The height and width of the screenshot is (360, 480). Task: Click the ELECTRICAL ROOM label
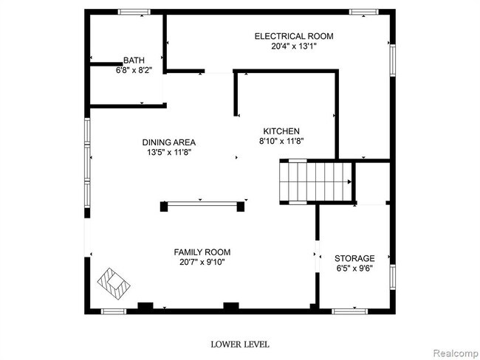(294, 36)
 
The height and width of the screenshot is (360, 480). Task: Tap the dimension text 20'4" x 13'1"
(294, 46)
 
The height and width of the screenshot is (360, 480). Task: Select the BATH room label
(134, 60)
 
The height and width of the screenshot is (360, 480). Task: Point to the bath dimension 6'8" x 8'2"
(134, 72)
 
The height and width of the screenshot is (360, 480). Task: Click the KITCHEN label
(278, 130)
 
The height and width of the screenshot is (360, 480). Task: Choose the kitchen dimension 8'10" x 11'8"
(281, 141)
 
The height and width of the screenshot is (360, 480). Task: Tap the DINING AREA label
(169, 142)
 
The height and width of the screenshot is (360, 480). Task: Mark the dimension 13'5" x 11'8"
(169, 153)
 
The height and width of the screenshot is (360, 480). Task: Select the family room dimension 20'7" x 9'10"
(202, 262)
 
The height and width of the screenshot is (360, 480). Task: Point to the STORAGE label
(354, 258)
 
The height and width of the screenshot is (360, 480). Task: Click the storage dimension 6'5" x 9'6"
(354, 269)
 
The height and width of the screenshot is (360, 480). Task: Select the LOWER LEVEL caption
(240, 344)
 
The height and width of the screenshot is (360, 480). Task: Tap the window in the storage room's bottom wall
(349, 311)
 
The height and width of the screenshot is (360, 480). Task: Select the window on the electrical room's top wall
(360, 11)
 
